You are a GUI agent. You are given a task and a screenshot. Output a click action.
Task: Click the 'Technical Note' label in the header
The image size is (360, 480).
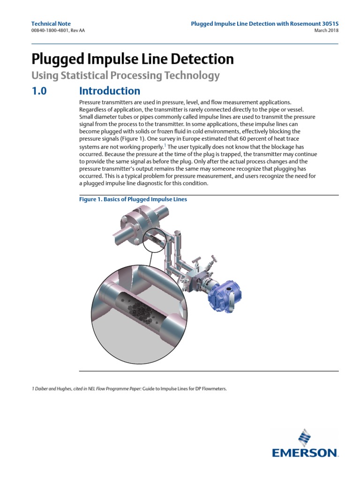(x=51, y=23)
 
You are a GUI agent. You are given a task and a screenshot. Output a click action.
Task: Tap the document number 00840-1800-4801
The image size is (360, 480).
(x=52, y=31)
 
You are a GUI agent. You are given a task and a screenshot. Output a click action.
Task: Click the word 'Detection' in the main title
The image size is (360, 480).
(x=201, y=59)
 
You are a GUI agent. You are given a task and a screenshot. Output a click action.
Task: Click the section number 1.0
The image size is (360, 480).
(x=39, y=90)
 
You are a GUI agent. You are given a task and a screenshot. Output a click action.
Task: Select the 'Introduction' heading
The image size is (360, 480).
(x=110, y=90)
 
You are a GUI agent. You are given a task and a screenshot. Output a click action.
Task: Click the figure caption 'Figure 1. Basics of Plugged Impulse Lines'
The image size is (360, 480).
(x=133, y=199)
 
